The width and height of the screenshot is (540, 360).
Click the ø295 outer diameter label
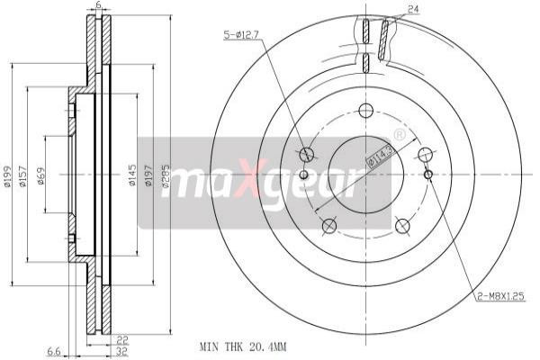point(165,178)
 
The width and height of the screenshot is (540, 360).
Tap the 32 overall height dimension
point(121,352)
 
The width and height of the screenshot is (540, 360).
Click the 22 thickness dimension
point(121,339)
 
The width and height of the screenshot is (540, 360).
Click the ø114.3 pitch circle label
point(379,156)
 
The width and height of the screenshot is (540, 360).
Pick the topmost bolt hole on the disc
point(364,111)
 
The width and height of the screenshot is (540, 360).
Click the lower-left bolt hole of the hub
point(328,225)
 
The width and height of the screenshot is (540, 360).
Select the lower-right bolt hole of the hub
point(402,225)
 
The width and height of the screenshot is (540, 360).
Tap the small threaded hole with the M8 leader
point(428,174)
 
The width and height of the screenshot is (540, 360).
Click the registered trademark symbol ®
point(399,134)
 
